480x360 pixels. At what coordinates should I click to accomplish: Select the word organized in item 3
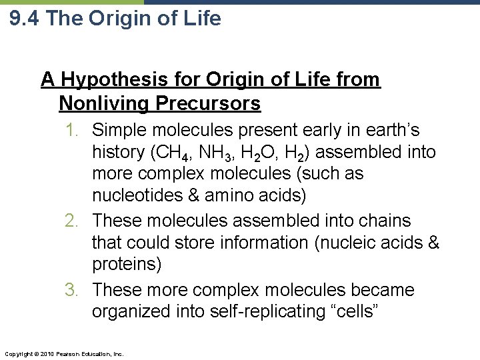[131, 312]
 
